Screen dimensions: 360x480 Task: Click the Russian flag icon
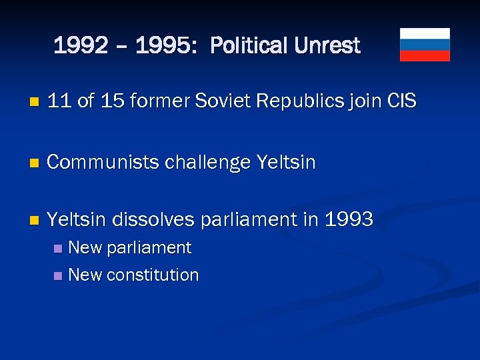coord(425,45)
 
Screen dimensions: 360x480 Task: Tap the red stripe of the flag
coord(425,56)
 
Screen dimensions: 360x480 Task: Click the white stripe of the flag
coord(425,33)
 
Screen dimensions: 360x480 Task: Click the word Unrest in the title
coord(327,46)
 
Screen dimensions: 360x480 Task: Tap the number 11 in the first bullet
coord(59,101)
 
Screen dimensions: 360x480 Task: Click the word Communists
coord(105,162)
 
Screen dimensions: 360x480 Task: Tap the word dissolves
coord(157,219)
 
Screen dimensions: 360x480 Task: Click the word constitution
coord(154,275)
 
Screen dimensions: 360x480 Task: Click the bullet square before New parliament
coord(59,249)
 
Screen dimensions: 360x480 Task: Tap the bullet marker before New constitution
coord(59,275)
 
